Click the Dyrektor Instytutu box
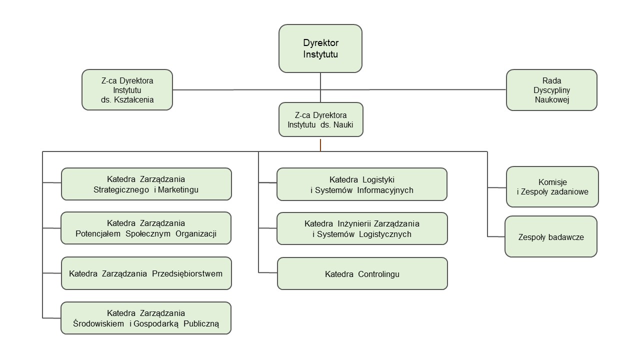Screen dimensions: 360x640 pos(320,48)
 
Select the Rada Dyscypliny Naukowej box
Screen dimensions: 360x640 pos(551,90)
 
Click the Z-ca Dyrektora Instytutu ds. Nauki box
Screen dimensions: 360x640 pos(320,120)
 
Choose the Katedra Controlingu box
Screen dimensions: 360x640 pos(362,274)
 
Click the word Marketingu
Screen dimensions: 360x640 pos(178,189)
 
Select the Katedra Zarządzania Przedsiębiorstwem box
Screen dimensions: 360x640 pos(146,273)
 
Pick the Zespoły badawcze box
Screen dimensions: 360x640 pos(551,237)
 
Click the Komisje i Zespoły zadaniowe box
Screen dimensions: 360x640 pos(552,186)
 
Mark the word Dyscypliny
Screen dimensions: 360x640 pos(551,90)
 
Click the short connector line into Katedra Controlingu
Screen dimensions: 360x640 pos(268,272)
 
